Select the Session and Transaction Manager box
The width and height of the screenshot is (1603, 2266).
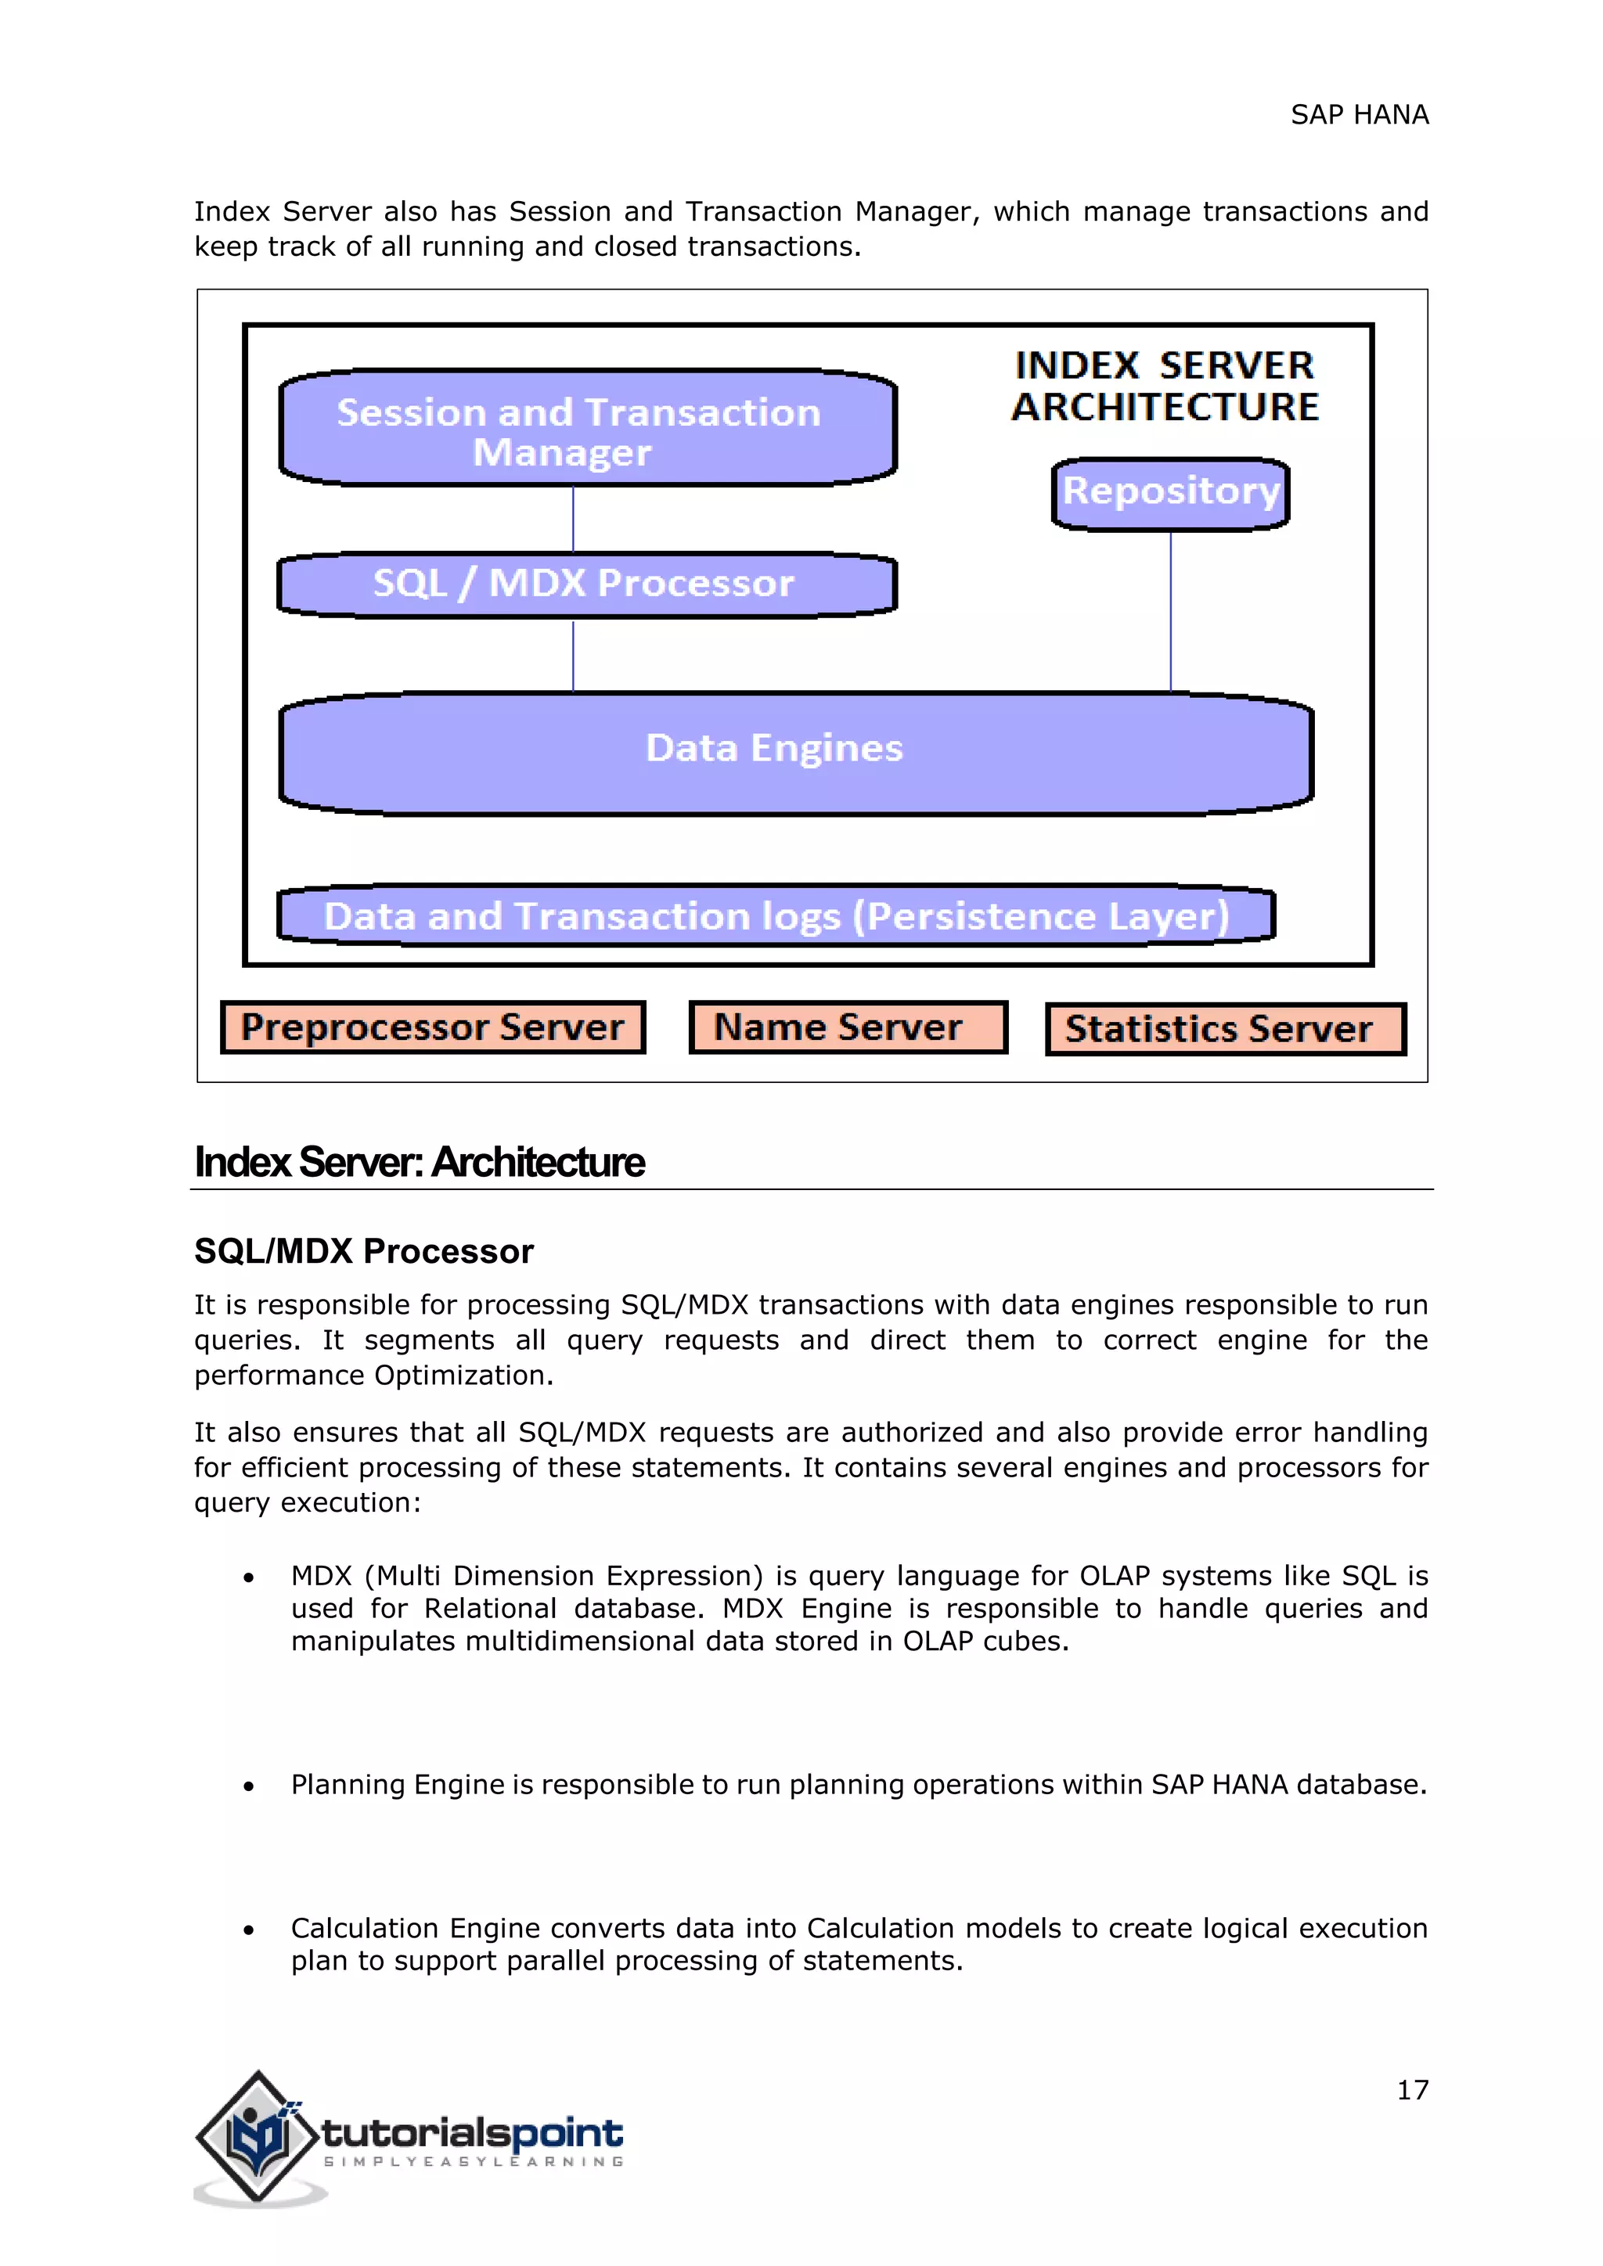point(587,428)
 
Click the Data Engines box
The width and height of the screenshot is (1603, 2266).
point(795,752)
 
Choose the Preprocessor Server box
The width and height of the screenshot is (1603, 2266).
point(432,1027)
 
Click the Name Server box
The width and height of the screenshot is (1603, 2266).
point(847,1027)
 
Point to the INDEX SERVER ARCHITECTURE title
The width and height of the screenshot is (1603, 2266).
point(1165,386)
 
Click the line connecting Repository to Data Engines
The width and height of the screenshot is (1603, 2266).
point(1171,612)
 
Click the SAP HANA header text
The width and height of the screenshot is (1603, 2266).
point(1360,116)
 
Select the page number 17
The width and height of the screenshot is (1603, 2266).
point(1411,2090)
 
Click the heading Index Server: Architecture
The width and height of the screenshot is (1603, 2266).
point(420,1163)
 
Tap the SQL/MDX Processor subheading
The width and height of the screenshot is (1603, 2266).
point(363,1251)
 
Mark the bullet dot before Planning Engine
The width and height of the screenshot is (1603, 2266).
point(249,1786)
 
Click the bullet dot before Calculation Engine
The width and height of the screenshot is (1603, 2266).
point(249,1930)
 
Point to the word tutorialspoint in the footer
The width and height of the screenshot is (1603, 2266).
point(472,2133)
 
